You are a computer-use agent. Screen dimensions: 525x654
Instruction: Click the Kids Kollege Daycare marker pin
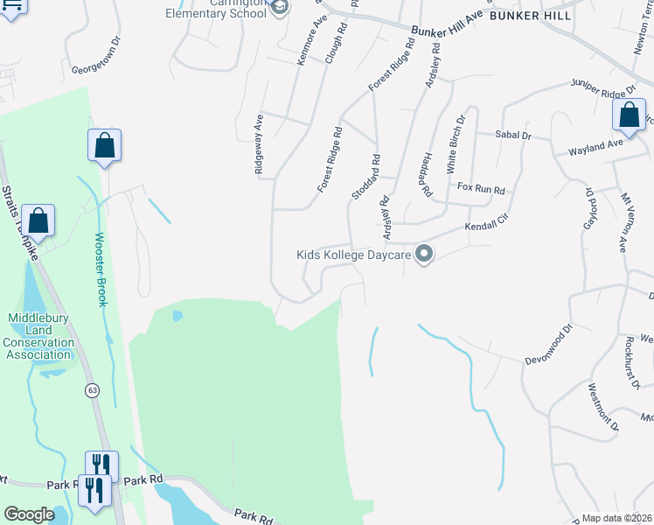424,255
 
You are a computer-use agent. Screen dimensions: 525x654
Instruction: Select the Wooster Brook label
100,269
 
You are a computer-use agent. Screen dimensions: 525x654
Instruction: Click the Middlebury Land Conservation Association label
38,336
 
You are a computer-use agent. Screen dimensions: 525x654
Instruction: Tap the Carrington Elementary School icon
279,9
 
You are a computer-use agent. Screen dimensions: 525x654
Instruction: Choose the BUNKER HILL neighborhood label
531,16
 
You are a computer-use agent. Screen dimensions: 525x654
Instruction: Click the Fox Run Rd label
482,189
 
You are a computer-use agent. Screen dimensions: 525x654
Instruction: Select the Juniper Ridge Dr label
602,90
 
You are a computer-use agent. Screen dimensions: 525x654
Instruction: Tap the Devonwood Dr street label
548,346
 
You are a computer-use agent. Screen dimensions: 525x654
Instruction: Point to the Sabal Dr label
513,136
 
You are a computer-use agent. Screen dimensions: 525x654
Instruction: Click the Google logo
30,514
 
